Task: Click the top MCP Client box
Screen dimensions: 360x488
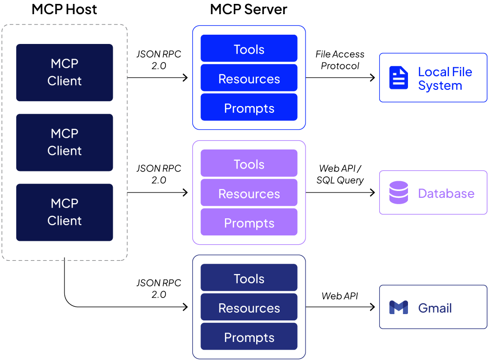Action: (x=64, y=72)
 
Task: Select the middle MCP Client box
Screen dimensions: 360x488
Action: (x=64, y=142)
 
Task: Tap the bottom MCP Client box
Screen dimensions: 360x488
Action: (x=64, y=212)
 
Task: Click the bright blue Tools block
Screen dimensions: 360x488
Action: (x=249, y=49)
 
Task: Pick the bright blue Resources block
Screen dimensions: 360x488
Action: (x=249, y=78)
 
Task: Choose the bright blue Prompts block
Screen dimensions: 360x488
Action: (x=249, y=107)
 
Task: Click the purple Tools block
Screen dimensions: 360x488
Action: (x=249, y=164)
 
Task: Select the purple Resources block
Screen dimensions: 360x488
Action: (x=249, y=193)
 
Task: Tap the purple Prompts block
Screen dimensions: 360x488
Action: (x=249, y=222)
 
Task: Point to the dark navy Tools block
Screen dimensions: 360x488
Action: (x=249, y=278)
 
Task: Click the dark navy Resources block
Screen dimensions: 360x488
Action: (x=249, y=307)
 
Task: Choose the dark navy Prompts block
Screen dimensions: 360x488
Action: (x=249, y=337)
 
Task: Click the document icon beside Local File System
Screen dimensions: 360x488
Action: (x=398, y=78)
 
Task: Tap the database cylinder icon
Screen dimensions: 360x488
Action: (x=398, y=192)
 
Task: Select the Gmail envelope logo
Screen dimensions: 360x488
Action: (x=398, y=307)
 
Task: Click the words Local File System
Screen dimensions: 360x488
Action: (x=445, y=79)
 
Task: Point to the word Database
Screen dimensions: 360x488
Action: (x=446, y=193)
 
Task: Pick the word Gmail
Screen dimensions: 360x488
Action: (x=435, y=308)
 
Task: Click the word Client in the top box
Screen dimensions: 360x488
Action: (x=64, y=81)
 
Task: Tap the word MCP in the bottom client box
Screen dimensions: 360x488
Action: (x=64, y=203)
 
